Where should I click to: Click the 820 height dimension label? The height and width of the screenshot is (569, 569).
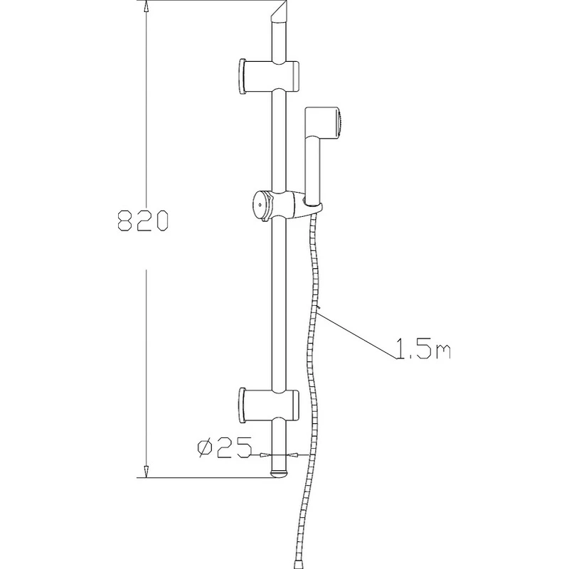pyautogui.click(x=142, y=220)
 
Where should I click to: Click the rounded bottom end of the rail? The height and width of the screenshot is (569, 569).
pyautogui.click(x=280, y=472)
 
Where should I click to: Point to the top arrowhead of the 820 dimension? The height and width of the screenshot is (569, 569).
pyautogui.click(x=146, y=7)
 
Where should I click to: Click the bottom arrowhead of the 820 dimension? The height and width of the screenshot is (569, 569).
pyautogui.click(x=146, y=471)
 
